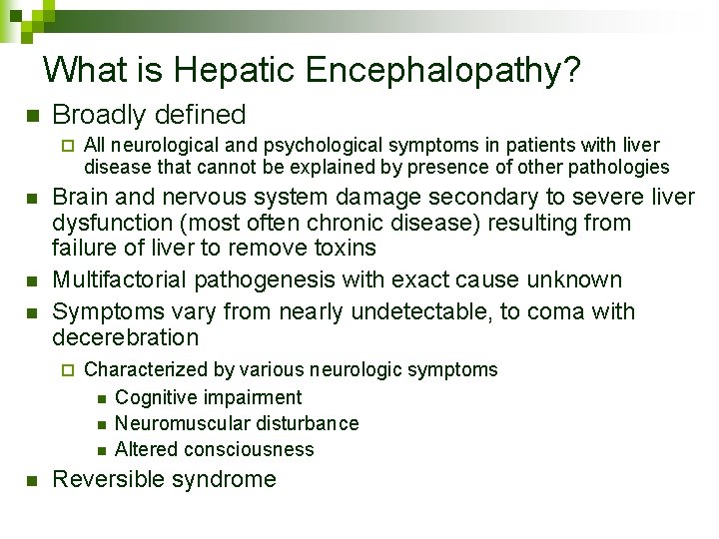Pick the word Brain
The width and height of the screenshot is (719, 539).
(80, 197)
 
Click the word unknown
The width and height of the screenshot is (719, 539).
(574, 279)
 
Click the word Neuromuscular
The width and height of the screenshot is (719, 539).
(175, 423)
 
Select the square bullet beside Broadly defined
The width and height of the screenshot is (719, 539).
(32, 116)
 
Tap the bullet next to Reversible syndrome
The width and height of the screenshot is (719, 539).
(32, 480)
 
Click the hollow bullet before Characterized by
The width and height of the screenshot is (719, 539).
(67, 370)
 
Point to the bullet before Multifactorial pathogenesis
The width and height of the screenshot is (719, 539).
(32, 280)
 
